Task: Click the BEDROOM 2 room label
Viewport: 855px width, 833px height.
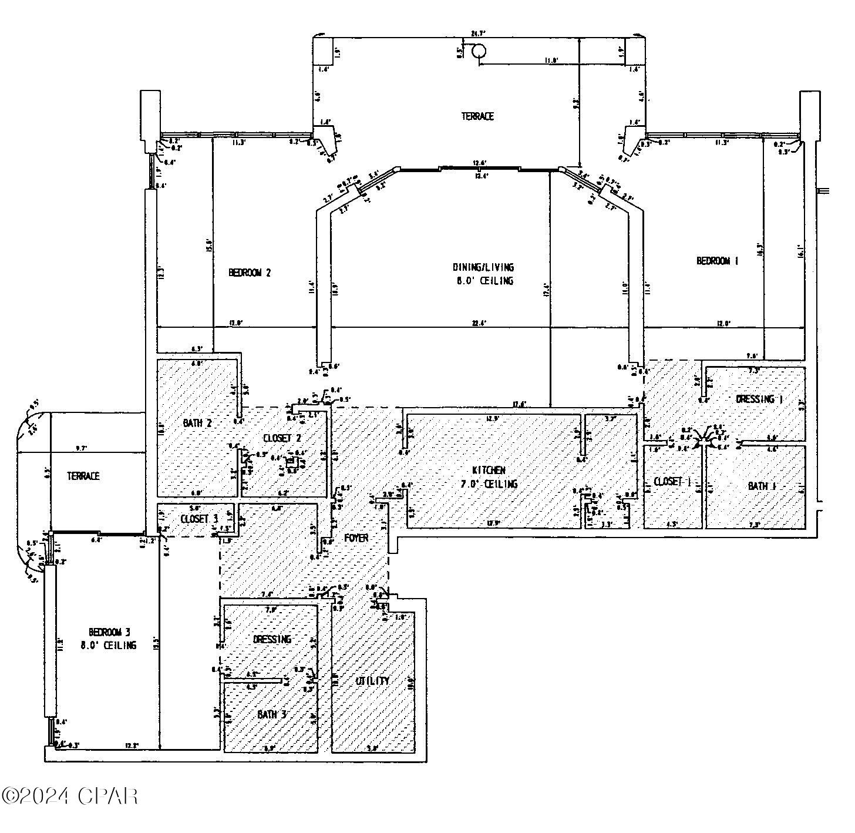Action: click(250, 273)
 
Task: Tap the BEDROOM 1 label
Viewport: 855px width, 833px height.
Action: click(717, 261)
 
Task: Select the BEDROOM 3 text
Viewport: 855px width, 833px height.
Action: click(109, 632)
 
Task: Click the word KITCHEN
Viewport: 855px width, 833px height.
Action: click(489, 470)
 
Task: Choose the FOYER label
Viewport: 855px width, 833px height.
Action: click(356, 538)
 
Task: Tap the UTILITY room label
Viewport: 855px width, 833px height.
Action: click(372, 681)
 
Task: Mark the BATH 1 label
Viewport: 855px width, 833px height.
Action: click(762, 486)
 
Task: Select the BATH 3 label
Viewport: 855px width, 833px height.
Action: click(272, 714)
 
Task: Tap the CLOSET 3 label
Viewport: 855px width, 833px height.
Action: click(199, 519)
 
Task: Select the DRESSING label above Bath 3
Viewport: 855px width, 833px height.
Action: click(272, 639)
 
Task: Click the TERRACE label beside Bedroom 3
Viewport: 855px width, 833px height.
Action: click(83, 476)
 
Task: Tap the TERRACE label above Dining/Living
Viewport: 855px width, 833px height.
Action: click(477, 116)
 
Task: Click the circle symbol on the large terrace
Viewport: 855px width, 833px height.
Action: click(479, 52)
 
